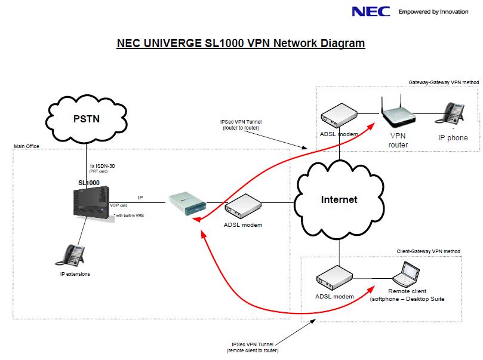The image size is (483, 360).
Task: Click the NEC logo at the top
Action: point(371,11)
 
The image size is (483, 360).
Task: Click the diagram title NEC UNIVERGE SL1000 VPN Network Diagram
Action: point(241,44)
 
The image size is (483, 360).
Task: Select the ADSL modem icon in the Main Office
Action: point(243,207)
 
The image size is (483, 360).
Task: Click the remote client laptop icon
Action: point(407,274)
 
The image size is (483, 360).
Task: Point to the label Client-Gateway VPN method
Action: point(428,251)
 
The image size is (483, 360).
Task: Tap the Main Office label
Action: point(26,146)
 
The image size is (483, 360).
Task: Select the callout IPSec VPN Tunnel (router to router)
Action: point(241,124)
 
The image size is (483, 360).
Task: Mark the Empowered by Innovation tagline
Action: point(433,11)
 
